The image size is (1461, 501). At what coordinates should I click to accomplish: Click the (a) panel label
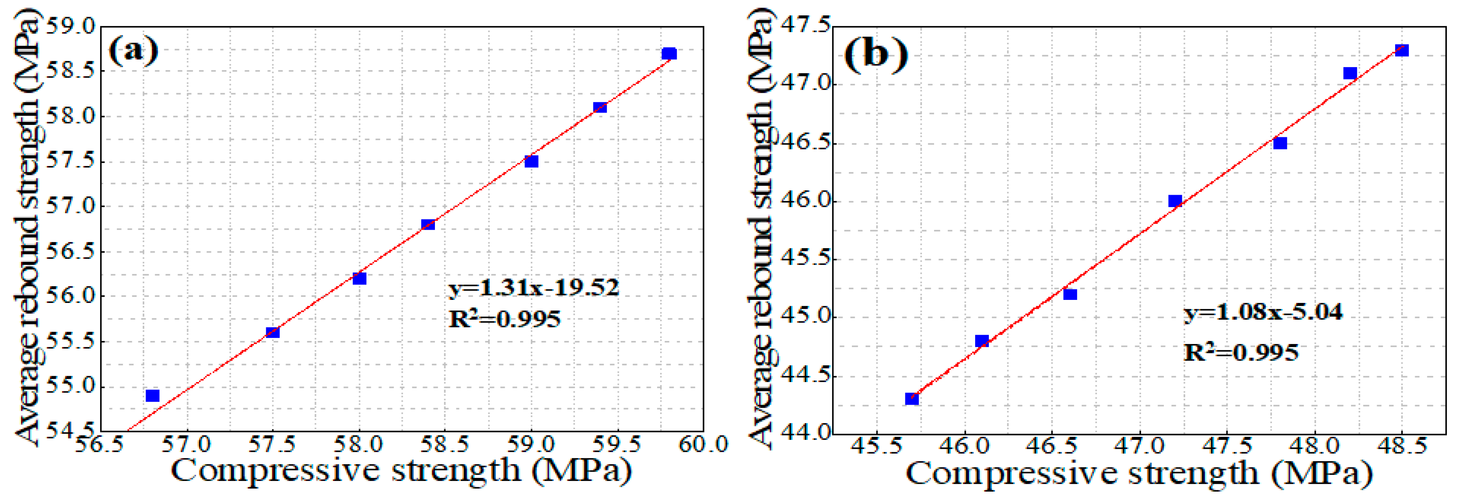coord(133,51)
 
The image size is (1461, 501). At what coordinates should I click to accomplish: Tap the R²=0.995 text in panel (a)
coord(504,319)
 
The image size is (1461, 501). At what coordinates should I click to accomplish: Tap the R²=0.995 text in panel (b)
coord(1241,353)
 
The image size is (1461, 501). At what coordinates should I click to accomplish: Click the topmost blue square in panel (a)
coord(669,54)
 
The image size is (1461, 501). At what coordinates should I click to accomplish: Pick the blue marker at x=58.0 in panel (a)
coord(360,278)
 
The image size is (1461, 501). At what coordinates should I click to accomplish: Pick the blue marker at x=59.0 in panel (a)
coord(531,162)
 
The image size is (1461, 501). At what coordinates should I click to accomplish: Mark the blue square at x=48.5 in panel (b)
coord(1401,50)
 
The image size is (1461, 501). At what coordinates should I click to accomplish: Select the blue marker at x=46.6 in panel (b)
coord(1070,294)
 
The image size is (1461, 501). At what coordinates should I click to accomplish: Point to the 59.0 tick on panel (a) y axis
coord(71,26)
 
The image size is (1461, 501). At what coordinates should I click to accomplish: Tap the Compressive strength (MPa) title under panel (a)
coord(401,470)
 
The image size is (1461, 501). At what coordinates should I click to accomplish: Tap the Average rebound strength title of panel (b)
coord(760,227)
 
